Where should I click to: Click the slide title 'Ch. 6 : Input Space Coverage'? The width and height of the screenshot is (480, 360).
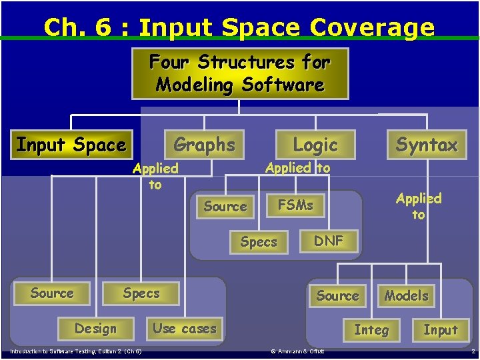[239, 27]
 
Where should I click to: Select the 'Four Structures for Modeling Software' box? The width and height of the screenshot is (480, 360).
[240, 73]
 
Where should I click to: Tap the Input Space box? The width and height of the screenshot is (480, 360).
[71, 145]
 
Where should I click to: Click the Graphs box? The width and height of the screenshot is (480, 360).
[204, 145]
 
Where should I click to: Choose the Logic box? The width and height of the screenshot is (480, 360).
[315, 145]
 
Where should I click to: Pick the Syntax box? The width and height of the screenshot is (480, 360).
[427, 145]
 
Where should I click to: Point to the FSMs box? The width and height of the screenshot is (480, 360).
[295, 205]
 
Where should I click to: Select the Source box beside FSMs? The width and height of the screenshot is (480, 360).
[225, 207]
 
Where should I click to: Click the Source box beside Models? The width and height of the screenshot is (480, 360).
[337, 295]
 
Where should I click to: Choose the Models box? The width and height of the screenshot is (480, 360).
[406, 295]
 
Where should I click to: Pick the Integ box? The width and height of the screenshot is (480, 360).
[371, 329]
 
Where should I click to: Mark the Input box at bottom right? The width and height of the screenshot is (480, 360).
[441, 329]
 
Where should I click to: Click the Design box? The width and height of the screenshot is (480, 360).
[95, 329]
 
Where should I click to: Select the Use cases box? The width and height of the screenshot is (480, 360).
[185, 328]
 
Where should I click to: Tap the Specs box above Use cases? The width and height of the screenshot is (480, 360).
[141, 293]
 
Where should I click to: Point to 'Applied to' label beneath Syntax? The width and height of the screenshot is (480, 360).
[418, 206]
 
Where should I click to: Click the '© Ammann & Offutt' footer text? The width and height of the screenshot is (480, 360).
[297, 351]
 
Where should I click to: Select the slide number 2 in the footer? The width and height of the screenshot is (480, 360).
[473, 351]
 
